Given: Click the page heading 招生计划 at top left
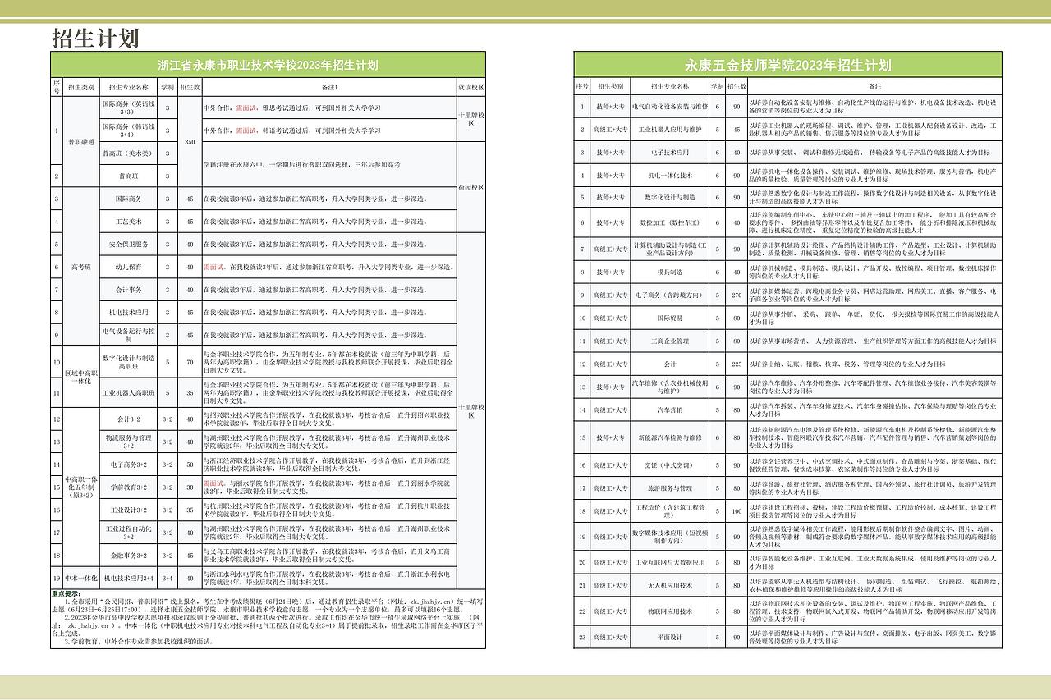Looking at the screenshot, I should pyautogui.click(x=95, y=39).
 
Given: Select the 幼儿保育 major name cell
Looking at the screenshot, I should pyautogui.click(x=128, y=267).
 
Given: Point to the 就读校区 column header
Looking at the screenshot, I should pyautogui.click(x=470, y=86).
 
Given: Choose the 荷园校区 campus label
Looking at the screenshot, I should pyautogui.click(x=470, y=187).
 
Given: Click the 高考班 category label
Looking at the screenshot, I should pyautogui.click(x=81, y=267).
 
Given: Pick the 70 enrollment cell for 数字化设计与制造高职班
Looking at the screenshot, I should pyautogui.click(x=190, y=362).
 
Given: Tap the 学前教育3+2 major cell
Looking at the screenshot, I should pyautogui.click(x=128, y=487).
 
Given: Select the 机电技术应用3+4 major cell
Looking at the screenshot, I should pyautogui.click(x=128, y=578).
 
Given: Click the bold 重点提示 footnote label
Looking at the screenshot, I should pyautogui.click(x=66, y=593).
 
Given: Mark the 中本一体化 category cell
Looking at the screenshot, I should pyautogui.click(x=81, y=578).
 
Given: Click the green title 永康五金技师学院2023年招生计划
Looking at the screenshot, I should pyautogui.click(x=787, y=65).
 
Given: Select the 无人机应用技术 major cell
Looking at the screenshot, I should pyautogui.click(x=670, y=585).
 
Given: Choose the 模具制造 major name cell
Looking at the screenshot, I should pyautogui.click(x=670, y=272).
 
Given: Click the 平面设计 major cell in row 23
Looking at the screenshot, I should pyautogui.click(x=670, y=637).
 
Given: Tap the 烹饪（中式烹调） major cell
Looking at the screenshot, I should pyautogui.click(x=670, y=464).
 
